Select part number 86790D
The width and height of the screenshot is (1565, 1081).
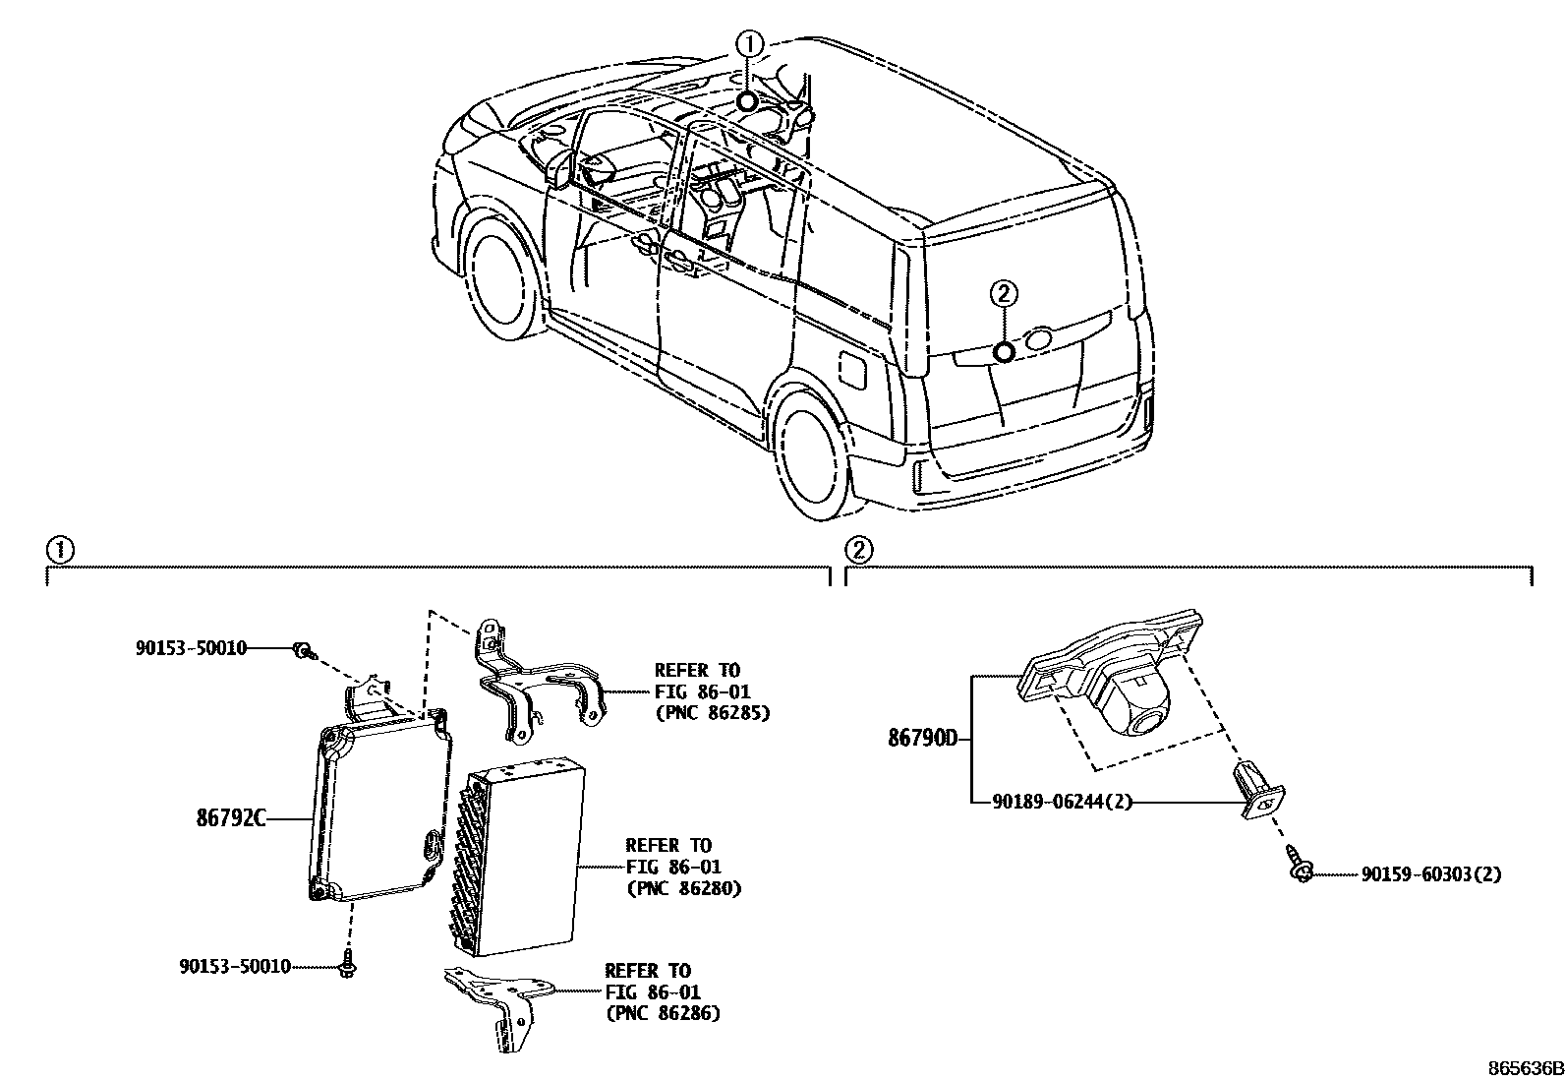point(922,738)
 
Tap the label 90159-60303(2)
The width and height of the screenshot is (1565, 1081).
point(1431,873)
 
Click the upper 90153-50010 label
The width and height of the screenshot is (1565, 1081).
point(191,647)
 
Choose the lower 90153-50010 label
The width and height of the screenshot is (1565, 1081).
point(235,966)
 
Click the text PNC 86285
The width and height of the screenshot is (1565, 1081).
point(711,712)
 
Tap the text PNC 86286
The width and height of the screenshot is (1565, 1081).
point(663,1013)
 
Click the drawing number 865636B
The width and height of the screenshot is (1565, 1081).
point(1523,1068)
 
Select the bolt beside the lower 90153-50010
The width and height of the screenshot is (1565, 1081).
point(347,965)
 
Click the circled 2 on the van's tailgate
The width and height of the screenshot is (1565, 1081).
point(1002,292)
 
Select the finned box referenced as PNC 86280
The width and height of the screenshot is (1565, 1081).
point(521,851)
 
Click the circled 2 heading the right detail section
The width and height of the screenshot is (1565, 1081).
point(858,550)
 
